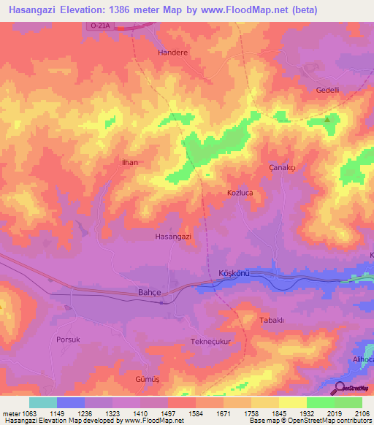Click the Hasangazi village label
pyautogui.click(x=173, y=237)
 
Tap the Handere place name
pyautogui.click(x=173, y=53)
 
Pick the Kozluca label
pyautogui.click(x=240, y=193)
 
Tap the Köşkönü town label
pyautogui.click(x=234, y=273)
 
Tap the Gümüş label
pyautogui.click(x=147, y=380)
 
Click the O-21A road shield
pyautogui.click(x=100, y=26)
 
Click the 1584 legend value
pyautogui.click(x=178, y=413)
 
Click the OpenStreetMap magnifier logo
pyautogui.click(x=340, y=388)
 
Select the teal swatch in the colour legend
pyautogui.click(x=42, y=402)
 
